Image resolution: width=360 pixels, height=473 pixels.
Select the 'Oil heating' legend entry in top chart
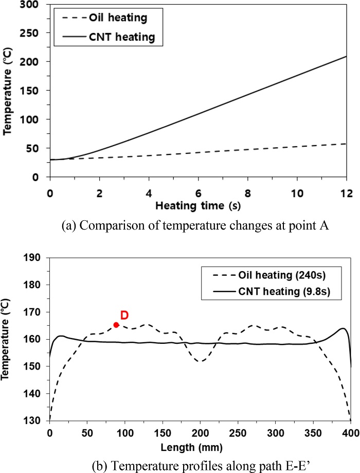111,18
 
